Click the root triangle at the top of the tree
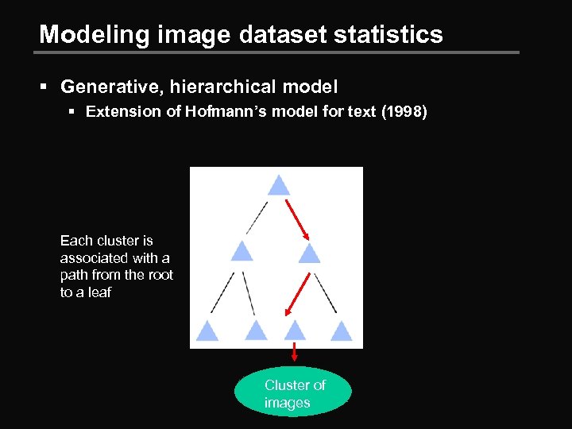(x=277, y=186)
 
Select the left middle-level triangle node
(x=242, y=253)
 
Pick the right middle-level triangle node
(x=309, y=253)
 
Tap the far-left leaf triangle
(x=207, y=331)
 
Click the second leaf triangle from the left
(x=256, y=330)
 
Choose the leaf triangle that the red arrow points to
(x=296, y=330)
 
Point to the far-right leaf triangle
(x=342, y=330)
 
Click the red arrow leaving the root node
(x=297, y=218)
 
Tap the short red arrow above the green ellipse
(x=295, y=353)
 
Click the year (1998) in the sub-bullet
(x=404, y=112)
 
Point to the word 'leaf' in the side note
(x=99, y=292)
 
